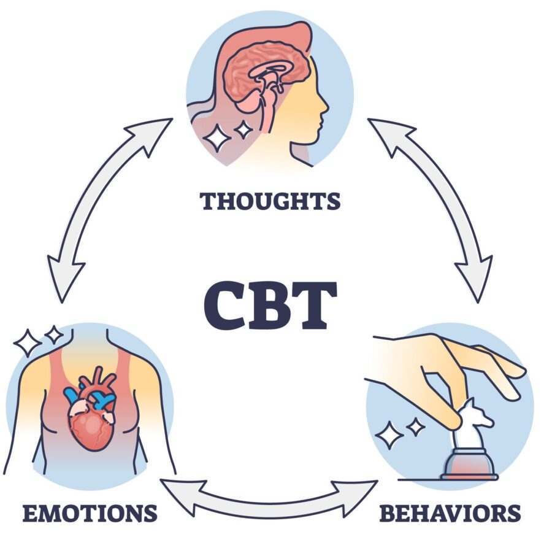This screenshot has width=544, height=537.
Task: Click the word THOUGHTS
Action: (x=270, y=201)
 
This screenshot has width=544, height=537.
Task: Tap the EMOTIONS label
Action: (x=90, y=512)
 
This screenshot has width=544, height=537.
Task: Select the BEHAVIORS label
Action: (x=450, y=512)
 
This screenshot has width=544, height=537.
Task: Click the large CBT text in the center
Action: (x=270, y=304)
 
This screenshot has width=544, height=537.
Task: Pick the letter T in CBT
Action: (x=315, y=304)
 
